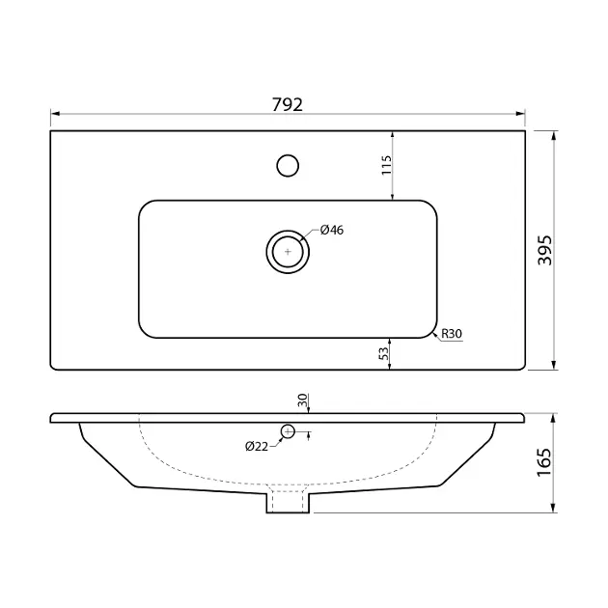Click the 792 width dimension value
coord(288,104)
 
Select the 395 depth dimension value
coord(545,250)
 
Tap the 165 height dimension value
coord(544,462)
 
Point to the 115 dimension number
coord(387,165)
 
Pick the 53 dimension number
coord(383,353)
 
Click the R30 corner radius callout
coord(452,334)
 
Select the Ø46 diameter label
coord(332,230)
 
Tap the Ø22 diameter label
coord(257,447)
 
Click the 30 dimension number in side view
coord(302,400)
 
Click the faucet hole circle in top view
coord(288,166)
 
